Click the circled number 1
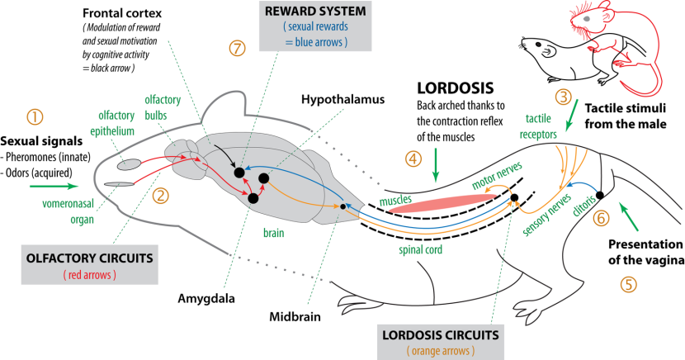click(35, 116)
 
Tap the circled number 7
click(238, 48)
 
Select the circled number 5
click(630, 283)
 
